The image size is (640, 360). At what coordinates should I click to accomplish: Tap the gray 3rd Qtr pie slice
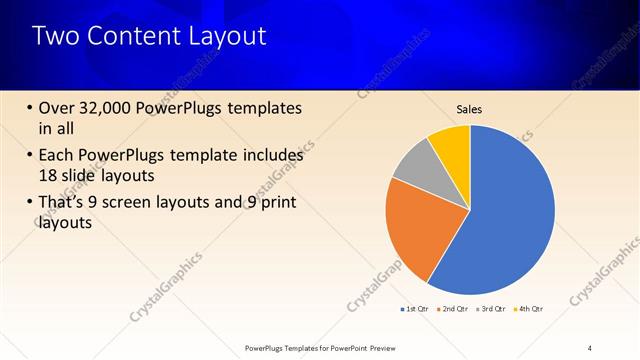pyautogui.click(x=416, y=170)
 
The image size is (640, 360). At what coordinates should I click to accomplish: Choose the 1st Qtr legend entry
pyautogui.click(x=418, y=309)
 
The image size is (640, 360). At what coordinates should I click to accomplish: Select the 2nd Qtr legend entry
pyautogui.click(x=455, y=309)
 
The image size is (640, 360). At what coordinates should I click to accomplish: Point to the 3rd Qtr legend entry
pyautogui.click(x=492, y=309)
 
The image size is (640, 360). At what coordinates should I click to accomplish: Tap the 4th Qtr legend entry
pyautogui.click(x=529, y=309)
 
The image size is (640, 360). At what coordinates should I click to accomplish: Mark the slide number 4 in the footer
pyautogui.click(x=589, y=347)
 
